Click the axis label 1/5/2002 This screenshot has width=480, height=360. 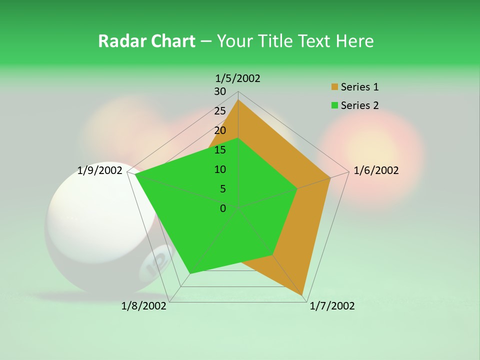237,78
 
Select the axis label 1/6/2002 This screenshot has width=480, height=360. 376,170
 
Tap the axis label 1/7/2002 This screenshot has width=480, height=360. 332,306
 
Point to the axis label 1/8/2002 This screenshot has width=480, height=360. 144,306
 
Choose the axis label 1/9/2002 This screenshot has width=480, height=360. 99,170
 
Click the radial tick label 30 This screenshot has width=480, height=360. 220,91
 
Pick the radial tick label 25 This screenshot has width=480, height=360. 220,111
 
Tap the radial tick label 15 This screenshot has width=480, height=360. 220,150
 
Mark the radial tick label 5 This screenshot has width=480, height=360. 222,189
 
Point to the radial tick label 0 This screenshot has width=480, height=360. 223,208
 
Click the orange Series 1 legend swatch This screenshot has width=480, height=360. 334,87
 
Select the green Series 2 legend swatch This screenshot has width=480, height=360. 334,105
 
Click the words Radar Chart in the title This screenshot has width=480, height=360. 146,41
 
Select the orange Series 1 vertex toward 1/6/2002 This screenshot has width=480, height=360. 330,177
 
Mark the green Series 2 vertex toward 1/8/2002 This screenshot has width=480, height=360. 189,273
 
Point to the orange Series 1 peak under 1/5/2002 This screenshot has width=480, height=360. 238,100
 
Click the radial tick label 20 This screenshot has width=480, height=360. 220,130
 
